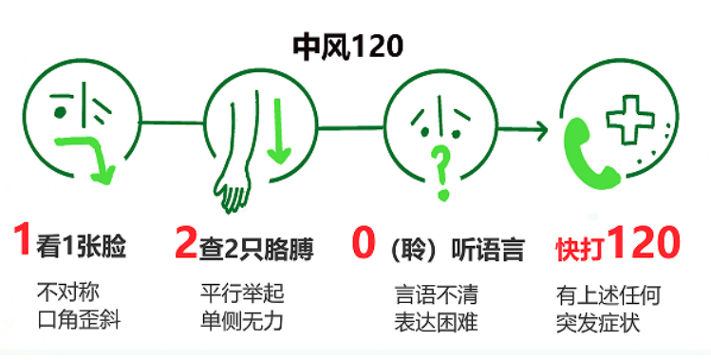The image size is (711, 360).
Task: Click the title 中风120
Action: (x=346, y=43)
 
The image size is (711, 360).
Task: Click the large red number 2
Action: (x=185, y=243)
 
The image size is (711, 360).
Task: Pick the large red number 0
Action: (x=362, y=243)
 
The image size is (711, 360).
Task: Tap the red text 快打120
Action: (x=617, y=245)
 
